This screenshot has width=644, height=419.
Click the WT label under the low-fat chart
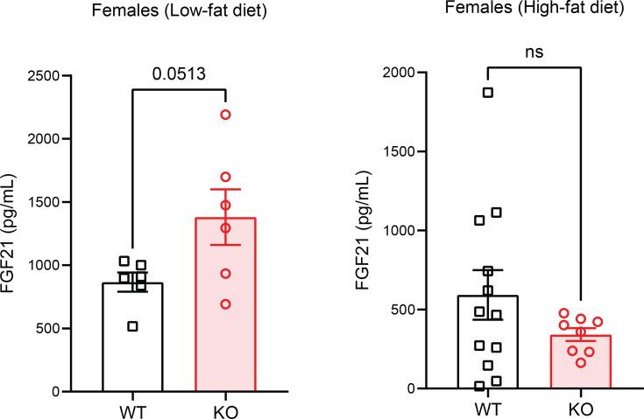[x=132, y=409]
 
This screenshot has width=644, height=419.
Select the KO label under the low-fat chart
[x=226, y=409]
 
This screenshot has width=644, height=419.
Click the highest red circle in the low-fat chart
[x=226, y=115]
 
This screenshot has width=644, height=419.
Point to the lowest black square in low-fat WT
[x=132, y=326]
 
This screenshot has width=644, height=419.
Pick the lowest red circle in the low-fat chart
[x=226, y=304]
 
